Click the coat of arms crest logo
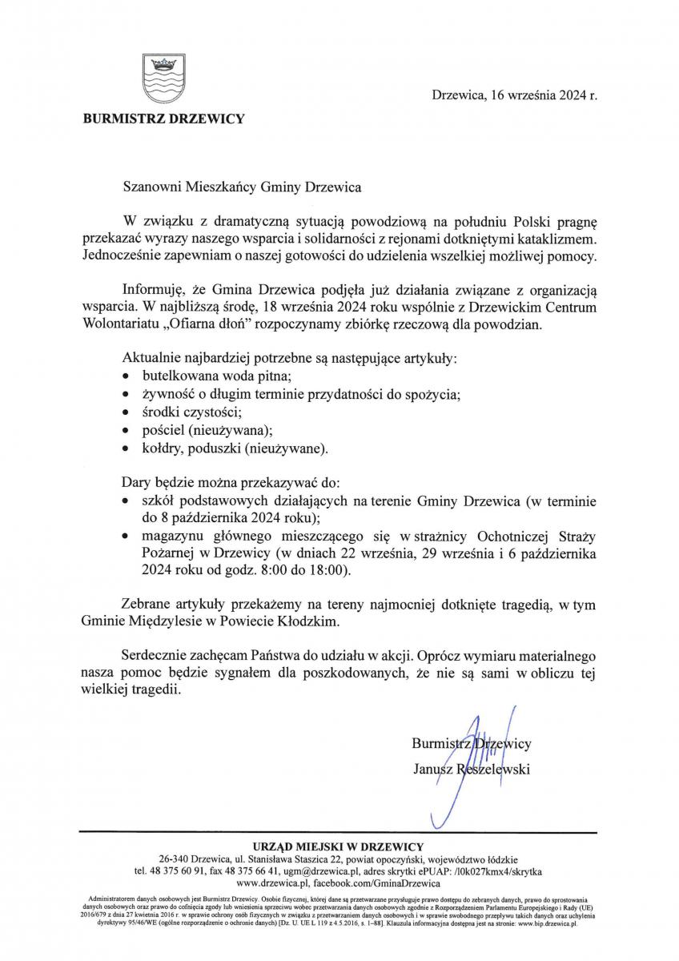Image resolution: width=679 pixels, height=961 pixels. point(163,78)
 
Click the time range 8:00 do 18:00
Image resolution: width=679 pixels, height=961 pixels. point(308,571)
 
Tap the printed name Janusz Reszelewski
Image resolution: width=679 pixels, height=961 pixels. point(471,770)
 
